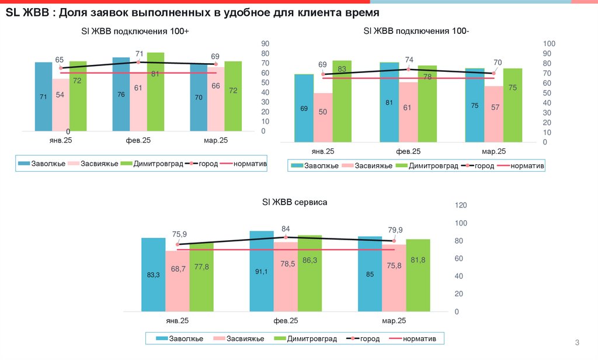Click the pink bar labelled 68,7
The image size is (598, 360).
click(177, 281)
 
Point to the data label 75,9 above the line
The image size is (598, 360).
click(179, 234)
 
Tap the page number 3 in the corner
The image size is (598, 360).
click(577, 342)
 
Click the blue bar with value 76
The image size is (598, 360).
click(121, 94)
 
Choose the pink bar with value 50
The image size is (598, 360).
click(322, 117)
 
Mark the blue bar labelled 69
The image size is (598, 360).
click(304, 108)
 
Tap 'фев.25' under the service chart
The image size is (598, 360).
click(286, 321)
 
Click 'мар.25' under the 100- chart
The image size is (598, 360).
click(493, 151)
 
